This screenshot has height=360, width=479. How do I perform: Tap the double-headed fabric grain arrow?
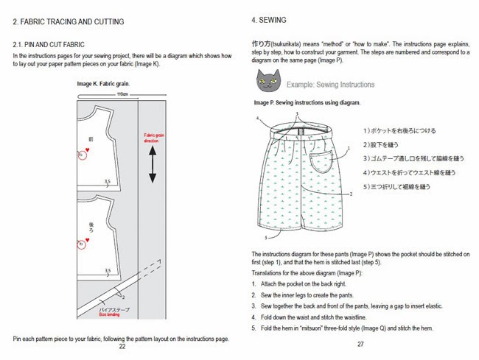(153, 164)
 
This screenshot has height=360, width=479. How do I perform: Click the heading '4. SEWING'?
(269, 21)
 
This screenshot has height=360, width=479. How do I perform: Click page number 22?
(122, 346)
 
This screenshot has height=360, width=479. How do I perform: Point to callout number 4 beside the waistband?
(258, 118)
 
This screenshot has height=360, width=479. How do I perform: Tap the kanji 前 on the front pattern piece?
(91, 138)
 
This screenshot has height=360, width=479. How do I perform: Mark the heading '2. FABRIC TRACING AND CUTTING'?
(69, 22)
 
